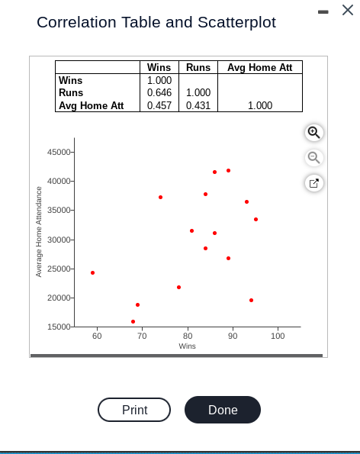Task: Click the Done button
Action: click(x=223, y=410)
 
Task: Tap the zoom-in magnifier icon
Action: click(x=313, y=132)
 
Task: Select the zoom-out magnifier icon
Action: click(x=313, y=157)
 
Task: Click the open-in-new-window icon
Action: click(x=313, y=183)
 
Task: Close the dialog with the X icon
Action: click(x=348, y=10)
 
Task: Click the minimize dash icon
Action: click(x=323, y=11)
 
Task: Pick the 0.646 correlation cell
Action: click(x=159, y=92)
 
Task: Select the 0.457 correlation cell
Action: click(x=159, y=105)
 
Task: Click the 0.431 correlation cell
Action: click(x=198, y=105)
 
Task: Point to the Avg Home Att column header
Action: click(x=260, y=67)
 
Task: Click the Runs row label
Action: click(x=71, y=92)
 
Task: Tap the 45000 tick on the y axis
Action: click(x=59, y=152)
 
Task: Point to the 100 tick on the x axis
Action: click(x=278, y=336)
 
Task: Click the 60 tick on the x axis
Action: click(x=97, y=336)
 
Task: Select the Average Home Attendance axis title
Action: click(x=39, y=231)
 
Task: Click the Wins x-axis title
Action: click(x=187, y=346)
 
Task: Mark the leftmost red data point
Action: click(x=92, y=272)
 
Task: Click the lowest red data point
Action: click(x=133, y=321)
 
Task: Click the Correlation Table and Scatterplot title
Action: click(x=156, y=23)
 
